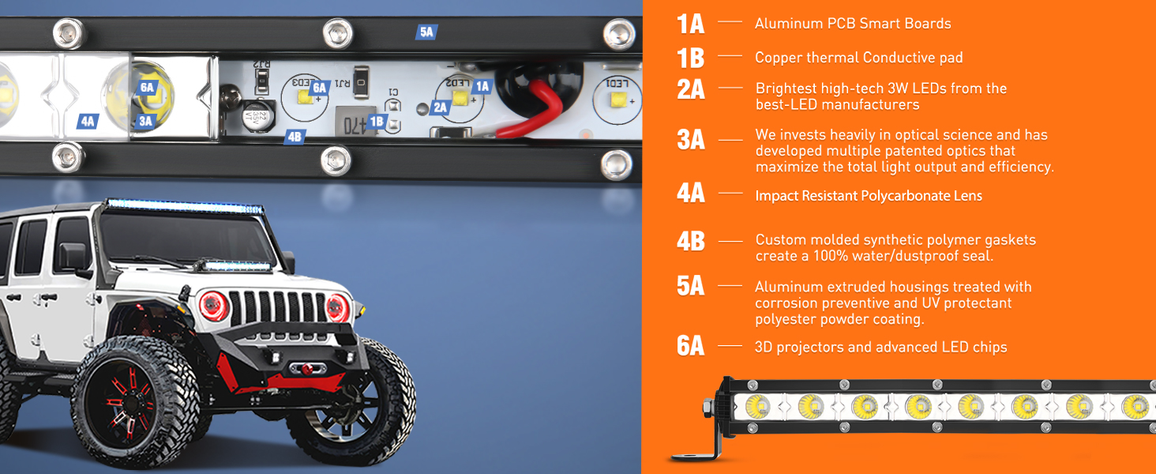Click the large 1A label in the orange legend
click(690, 24)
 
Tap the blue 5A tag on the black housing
click(426, 32)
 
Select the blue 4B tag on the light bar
click(295, 137)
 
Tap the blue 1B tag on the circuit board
click(377, 122)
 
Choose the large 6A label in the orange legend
click(690, 347)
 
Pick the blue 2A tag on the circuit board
click(441, 107)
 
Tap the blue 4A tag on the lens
click(87, 122)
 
